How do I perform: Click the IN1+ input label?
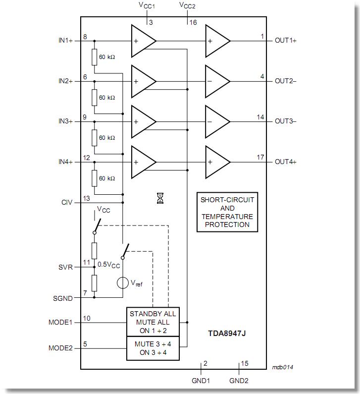click(x=65, y=41)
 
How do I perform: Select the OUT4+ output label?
click(x=286, y=162)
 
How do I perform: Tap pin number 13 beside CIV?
click(x=86, y=198)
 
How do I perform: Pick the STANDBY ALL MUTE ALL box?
click(x=153, y=322)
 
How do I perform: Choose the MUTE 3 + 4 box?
click(x=153, y=348)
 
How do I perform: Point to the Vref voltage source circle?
click(x=122, y=283)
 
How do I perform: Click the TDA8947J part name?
click(x=227, y=334)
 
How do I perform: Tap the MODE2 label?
click(x=60, y=348)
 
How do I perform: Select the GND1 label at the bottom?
click(x=200, y=381)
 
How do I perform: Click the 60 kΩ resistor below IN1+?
click(x=94, y=57)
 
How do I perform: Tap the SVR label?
click(x=66, y=267)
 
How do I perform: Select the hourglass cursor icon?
click(x=160, y=199)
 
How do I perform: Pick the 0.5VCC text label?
click(x=109, y=265)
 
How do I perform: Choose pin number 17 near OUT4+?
click(x=260, y=158)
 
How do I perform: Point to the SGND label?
click(x=62, y=298)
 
